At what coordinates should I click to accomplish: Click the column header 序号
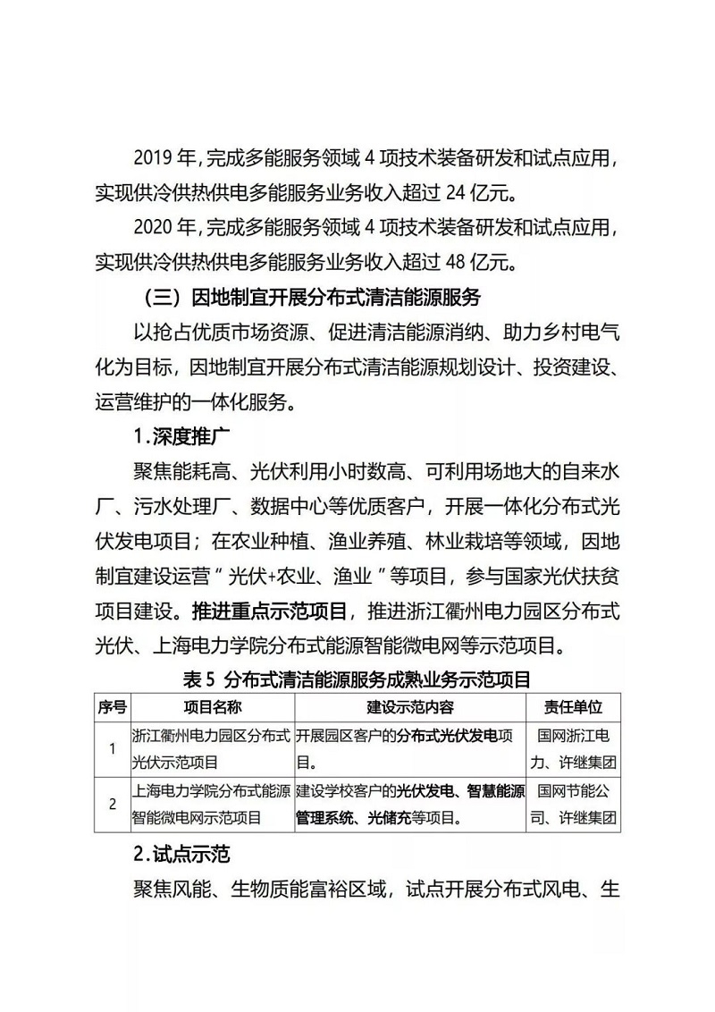[x=112, y=706]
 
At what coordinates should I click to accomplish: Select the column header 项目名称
[x=212, y=706]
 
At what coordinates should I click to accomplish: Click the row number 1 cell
[x=112, y=749]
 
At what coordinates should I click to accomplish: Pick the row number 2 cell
[x=112, y=804]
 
